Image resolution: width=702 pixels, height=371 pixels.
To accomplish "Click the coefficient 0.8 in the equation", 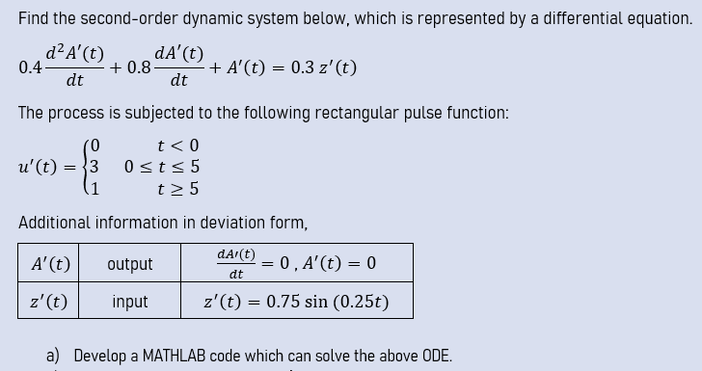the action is (139, 67).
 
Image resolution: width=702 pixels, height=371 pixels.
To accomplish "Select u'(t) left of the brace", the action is (40, 166).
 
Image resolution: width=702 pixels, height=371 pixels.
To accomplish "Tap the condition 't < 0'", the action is (179, 146).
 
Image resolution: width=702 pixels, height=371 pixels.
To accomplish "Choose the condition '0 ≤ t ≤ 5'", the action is (162, 167).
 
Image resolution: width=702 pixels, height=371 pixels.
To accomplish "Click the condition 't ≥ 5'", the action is (179, 188).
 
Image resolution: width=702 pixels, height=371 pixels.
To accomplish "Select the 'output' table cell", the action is (130, 263).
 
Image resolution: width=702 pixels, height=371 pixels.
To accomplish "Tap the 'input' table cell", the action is (130, 302).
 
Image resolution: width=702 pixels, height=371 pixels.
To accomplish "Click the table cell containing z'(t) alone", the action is (49, 302).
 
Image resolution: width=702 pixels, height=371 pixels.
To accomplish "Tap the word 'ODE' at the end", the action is (434, 356).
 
